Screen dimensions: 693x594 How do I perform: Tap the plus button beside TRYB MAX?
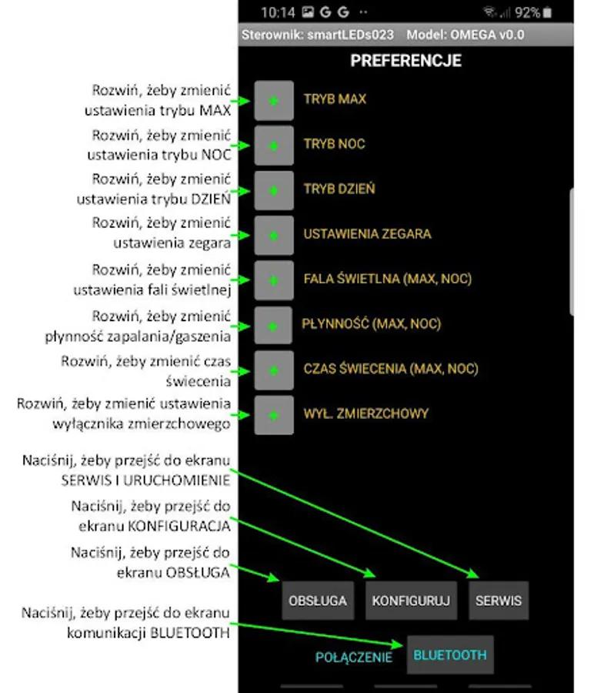tap(273, 101)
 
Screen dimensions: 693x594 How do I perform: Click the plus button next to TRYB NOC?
tap(273, 146)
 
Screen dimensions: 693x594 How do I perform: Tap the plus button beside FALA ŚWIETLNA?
tap(273, 280)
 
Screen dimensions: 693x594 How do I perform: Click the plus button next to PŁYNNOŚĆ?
tap(273, 326)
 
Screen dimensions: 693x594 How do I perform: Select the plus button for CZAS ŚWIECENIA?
tap(273, 370)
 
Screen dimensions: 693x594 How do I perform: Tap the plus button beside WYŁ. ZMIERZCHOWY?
tap(273, 415)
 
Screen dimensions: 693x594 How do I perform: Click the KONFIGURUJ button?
tap(411, 601)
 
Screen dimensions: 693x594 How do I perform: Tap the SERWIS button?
tap(499, 601)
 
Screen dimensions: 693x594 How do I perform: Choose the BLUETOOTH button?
tap(450, 655)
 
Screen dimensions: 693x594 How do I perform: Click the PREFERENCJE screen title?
tap(405, 60)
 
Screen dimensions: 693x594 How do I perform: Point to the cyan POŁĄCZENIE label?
tap(354, 658)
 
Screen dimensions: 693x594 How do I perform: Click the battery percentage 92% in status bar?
tap(528, 12)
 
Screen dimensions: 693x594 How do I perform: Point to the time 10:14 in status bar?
tap(278, 12)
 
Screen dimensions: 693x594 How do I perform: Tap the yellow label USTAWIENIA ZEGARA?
tap(367, 234)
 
